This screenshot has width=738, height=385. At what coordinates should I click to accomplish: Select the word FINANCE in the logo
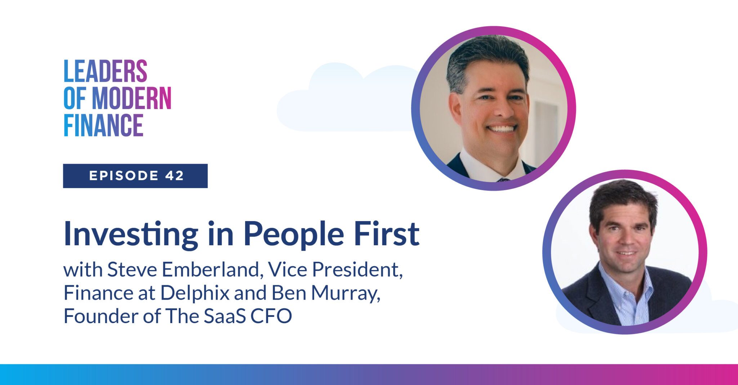pos(103,125)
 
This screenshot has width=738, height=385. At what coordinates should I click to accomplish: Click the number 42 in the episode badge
pos(175,176)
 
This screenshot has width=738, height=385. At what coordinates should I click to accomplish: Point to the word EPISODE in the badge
pos(124,176)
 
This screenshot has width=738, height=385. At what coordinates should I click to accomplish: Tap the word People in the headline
pos(294,234)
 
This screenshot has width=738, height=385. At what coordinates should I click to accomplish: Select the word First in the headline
pos(386,234)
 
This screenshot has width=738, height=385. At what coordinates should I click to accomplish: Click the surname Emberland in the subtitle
pos(210,270)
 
